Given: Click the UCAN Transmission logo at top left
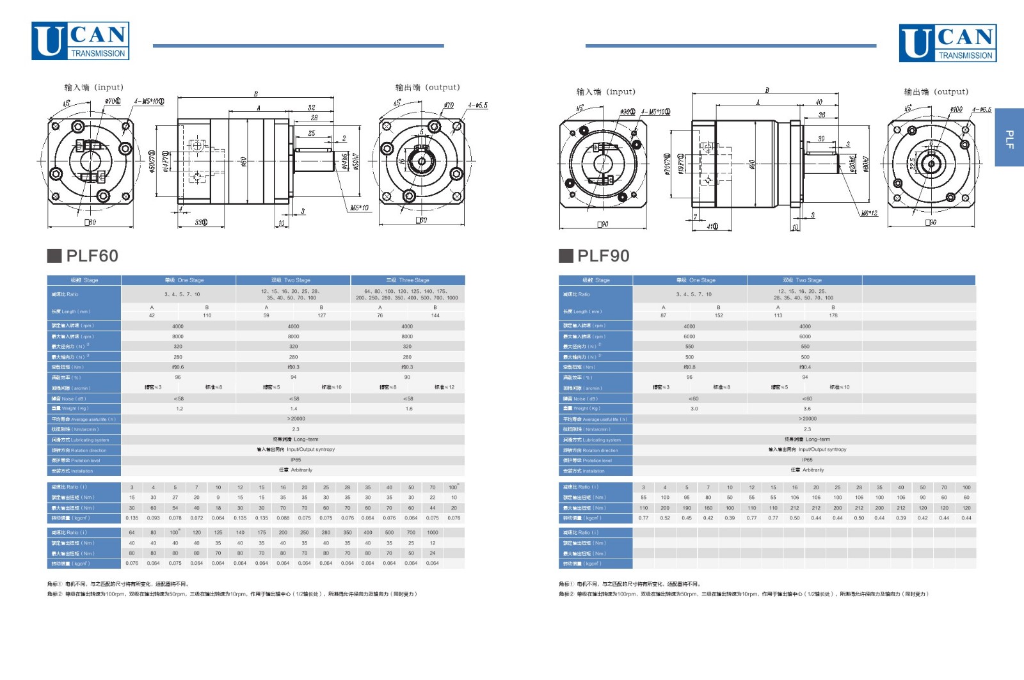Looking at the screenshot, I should tap(80, 41).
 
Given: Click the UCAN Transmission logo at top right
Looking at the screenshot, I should tap(947, 43).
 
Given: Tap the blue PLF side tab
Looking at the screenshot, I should tap(1009, 138).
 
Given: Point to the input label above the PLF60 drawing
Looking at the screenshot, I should tap(93, 87).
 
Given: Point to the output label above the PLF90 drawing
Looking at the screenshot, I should tap(936, 91).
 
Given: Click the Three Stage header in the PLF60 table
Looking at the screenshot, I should tap(408, 280).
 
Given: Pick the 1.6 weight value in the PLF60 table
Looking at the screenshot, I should tap(408, 408).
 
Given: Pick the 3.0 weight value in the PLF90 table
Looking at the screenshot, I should tap(694, 408).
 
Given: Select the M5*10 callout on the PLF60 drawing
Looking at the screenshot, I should tap(359, 207).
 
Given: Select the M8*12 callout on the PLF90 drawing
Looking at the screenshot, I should tap(869, 213).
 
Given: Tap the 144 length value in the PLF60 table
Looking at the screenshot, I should tap(435, 315).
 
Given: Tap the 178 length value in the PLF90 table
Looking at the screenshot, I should tap(833, 315).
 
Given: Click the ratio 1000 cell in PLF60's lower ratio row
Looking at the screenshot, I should tap(433, 532).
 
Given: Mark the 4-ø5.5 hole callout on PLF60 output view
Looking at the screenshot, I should tap(477, 106).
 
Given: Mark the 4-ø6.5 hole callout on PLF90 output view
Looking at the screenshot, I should tap(981, 109).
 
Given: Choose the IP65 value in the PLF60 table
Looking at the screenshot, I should tap(295, 460).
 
